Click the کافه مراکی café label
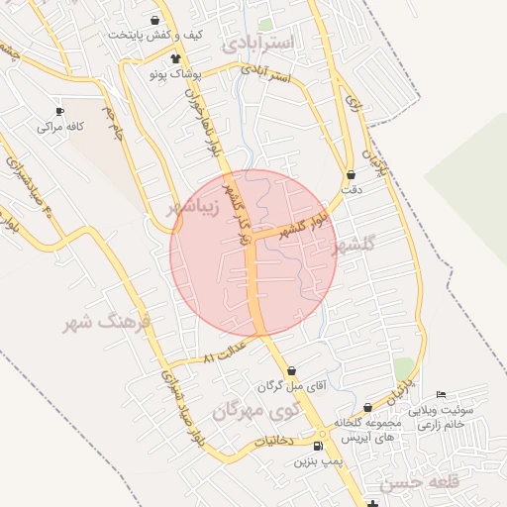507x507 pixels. click(x=60, y=127)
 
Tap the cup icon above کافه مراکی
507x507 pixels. click(x=60, y=111)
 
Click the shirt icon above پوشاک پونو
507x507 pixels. click(x=175, y=59)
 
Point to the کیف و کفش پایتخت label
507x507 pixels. click(x=154, y=35)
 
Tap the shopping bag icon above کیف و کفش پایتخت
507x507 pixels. click(x=154, y=20)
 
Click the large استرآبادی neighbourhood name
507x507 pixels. click(x=258, y=43)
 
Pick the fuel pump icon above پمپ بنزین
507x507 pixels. click(x=317, y=447)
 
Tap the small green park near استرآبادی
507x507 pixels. click(x=264, y=24)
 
